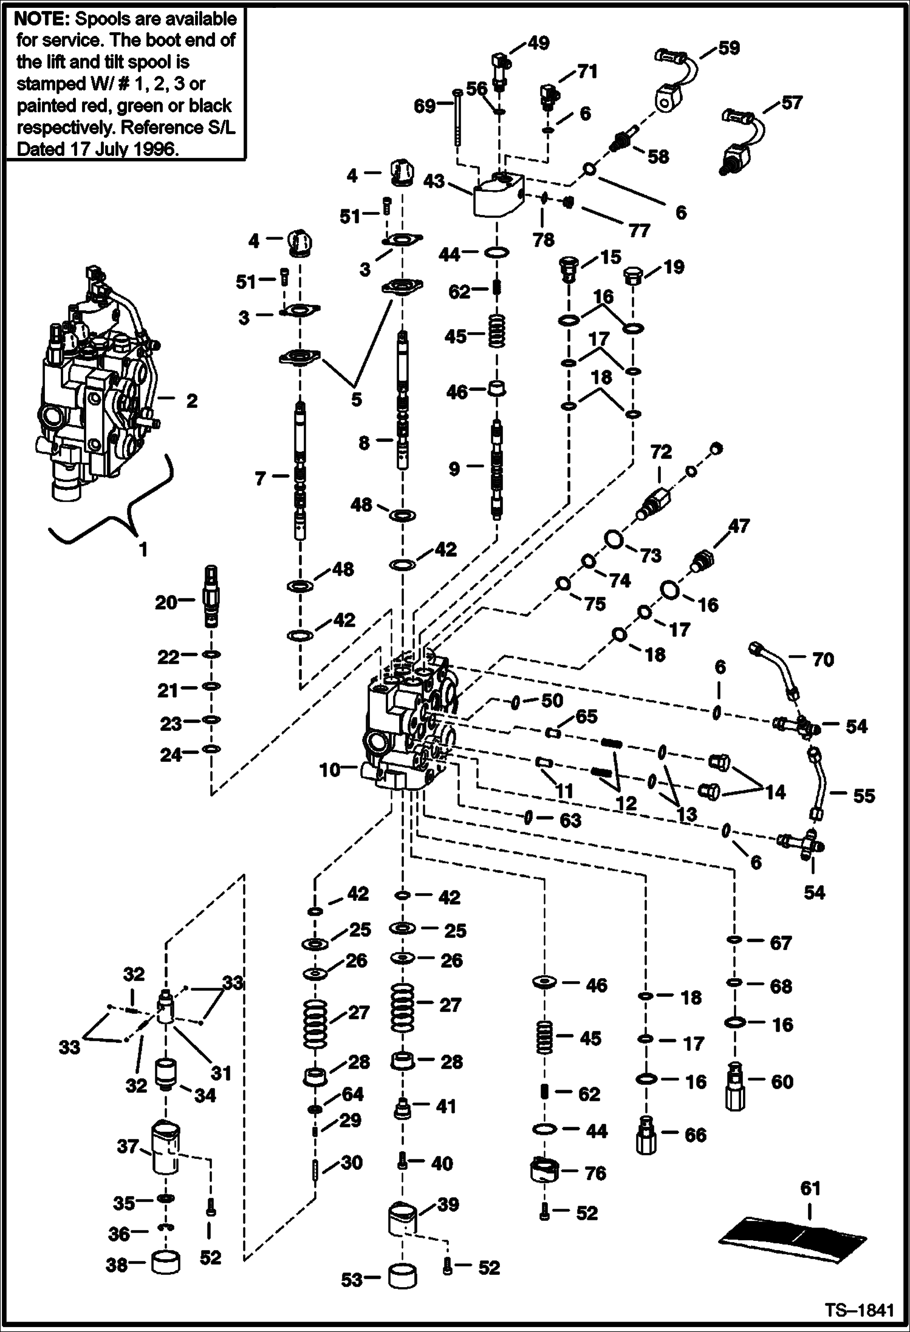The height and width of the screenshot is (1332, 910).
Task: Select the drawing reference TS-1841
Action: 859,1310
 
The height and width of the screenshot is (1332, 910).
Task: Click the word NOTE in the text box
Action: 36,19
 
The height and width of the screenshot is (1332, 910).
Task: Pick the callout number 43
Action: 434,182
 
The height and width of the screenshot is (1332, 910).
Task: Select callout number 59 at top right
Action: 728,48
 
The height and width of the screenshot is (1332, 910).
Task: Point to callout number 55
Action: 863,795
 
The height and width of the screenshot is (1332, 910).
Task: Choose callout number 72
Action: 660,452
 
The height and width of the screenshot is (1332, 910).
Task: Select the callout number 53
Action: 352,1279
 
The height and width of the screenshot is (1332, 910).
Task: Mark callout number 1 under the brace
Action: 143,550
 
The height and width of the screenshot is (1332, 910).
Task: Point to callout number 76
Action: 595,1173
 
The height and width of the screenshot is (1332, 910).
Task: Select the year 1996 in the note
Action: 155,149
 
